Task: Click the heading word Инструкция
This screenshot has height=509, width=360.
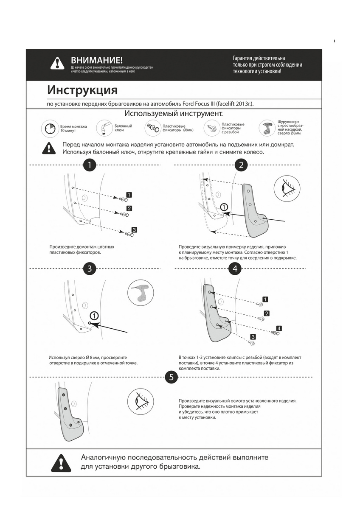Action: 82,90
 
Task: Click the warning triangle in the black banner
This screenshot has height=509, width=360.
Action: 57,63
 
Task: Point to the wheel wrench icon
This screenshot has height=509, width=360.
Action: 104,128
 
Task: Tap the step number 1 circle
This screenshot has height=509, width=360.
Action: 90,165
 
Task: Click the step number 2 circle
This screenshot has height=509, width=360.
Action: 241,165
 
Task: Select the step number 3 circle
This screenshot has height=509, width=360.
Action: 90,268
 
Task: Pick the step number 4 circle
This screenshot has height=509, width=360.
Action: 235,268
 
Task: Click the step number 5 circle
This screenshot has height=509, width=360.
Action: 171,377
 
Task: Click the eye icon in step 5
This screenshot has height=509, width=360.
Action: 141,401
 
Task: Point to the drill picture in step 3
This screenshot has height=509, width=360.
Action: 141,292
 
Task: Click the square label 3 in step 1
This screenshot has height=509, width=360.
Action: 134,229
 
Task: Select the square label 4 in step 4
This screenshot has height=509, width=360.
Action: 279,328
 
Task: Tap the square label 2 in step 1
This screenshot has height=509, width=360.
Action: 129,208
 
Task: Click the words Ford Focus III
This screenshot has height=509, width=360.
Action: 199,104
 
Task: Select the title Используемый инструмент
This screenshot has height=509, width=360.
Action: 173,114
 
